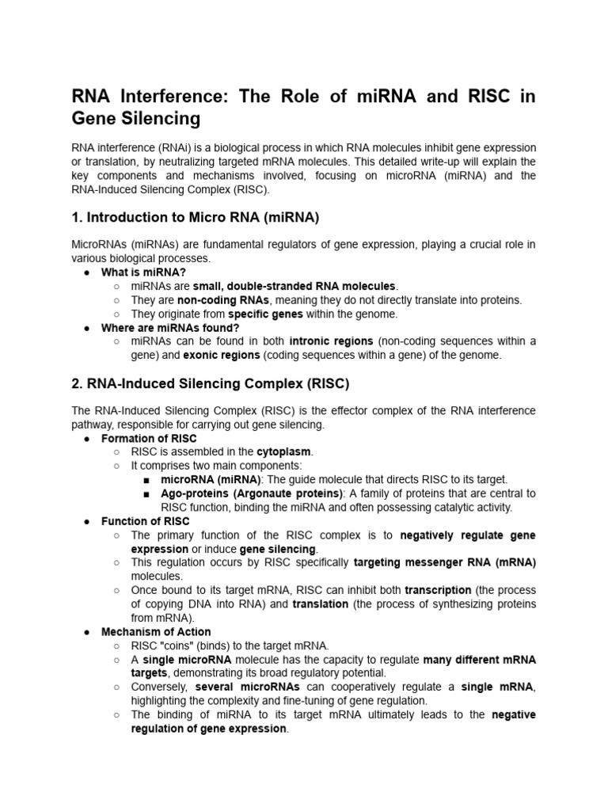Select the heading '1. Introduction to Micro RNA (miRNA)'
(195, 218)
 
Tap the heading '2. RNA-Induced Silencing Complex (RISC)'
(210, 383)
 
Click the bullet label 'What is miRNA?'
(143, 272)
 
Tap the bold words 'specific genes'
(235, 314)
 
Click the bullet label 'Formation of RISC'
(149, 438)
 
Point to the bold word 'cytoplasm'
(284, 452)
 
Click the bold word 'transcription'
(438, 590)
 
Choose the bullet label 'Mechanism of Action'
(156, 631)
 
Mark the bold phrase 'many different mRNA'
(479, 659)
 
